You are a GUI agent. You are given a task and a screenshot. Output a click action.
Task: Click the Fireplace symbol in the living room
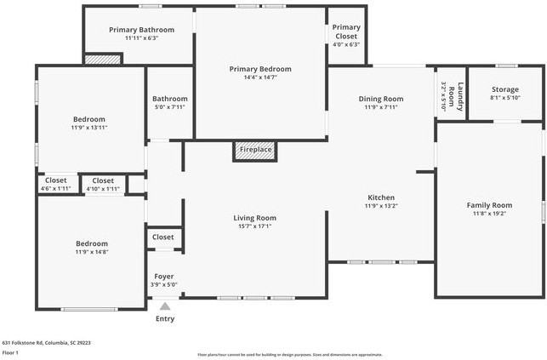pos(255,150)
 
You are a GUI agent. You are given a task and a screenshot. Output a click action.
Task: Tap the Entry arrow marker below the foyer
pos(165,307)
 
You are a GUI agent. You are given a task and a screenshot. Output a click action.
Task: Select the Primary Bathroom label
pos(141,30)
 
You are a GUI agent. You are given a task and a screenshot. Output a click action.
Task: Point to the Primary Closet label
pos(346,31)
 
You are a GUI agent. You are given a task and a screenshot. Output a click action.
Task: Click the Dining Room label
pos(380,99)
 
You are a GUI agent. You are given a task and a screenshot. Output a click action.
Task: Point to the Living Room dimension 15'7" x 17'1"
pos(254,226)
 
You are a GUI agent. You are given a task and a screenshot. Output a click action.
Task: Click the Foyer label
pos(164,277)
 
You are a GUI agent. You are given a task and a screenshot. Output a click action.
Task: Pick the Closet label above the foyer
pos(162,237)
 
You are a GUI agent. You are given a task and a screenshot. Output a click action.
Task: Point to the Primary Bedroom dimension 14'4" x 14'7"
pos(259,77)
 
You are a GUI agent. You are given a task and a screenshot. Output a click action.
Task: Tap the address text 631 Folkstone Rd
pos(46,342)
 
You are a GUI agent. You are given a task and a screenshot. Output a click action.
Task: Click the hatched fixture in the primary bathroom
pos(103,60)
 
